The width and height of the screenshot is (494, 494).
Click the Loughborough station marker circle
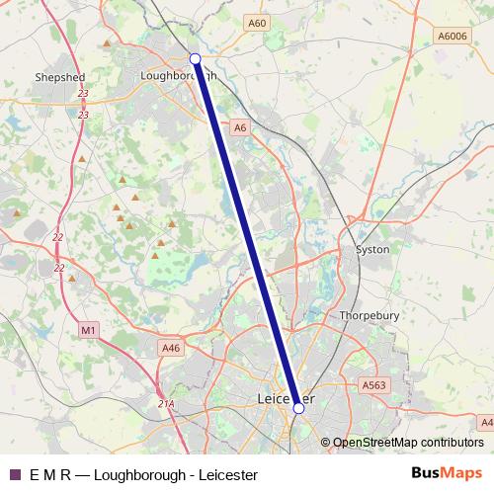point(196,59)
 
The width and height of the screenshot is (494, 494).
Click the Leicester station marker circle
point(298,406)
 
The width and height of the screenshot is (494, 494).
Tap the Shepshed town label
point(59,76)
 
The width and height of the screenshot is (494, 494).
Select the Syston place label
point(372,250)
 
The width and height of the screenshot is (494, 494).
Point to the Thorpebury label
point(368,316)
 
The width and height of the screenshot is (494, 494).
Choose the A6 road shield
point(240,127)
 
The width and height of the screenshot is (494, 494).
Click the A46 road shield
point(171,348)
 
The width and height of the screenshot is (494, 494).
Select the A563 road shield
point(373,385)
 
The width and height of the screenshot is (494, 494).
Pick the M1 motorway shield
point(88,329)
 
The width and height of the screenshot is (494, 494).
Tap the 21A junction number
point(166,403)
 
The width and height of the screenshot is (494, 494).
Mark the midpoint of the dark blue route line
point(247,233)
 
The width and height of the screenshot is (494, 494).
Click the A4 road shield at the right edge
point(486,422)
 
